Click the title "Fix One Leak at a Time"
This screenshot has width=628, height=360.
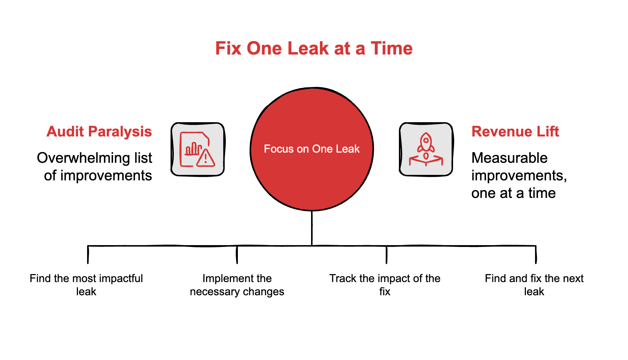[314, 48]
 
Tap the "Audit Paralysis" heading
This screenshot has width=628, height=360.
[99, 131]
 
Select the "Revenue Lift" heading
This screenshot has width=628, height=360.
[515, 131]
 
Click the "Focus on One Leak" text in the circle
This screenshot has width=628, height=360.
[312, 149]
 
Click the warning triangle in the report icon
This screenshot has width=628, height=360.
[206, 158]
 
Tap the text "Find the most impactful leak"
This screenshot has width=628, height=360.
[86, 285]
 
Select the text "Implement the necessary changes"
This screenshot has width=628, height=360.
[237, 285]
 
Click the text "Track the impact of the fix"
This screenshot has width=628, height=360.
[385, 285]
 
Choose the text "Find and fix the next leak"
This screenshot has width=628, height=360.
[534, 285]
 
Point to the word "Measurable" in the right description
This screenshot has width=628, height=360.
[509, 158]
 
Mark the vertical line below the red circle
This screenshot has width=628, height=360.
[312, 228]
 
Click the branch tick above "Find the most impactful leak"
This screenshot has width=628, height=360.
[88, 255]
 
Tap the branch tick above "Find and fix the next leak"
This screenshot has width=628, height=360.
[536, 255]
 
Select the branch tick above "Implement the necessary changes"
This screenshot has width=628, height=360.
[237, 255]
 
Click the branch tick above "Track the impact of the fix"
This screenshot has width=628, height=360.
[386, 255]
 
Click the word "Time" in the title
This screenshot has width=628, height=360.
[392, 48]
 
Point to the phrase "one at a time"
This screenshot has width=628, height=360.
[513, 193]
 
